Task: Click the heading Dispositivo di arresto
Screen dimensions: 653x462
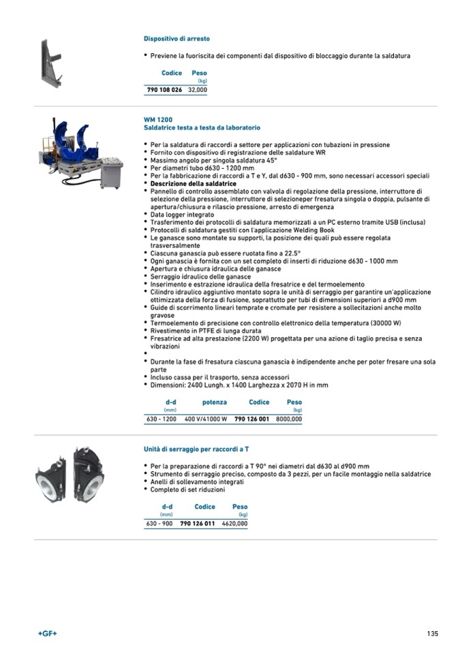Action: pyautogui.click(x=176, y=39)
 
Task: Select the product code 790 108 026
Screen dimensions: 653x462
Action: pyautogui.click(x=164, y=89)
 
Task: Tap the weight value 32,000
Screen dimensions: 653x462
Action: pyautogui.click(x=198, y=89)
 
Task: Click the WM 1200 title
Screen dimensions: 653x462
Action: pyautogui.click(x=155, y=120)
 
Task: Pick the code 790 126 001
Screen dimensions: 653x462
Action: pyautogui.click(x=251, y=419)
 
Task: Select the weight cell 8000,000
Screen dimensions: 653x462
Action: pyautogui.click(x=288, y=419)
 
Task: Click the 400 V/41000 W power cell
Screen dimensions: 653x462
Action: pyautogui.click(x=206, y=419)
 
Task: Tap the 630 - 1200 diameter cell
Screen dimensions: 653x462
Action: pyautogui.click(x=161, y=419)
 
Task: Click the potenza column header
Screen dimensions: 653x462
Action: pyautogui.click(x=215, y=402)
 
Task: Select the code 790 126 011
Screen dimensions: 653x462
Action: pyautogui.click(x=198, y=524)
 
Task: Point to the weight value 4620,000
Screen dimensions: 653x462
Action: pyautogui.click(x=234, y=524)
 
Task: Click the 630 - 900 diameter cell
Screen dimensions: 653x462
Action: pyautogui.click(x=159, y=524)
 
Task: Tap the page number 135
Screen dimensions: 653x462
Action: pyautogui.click(x=433, y=633)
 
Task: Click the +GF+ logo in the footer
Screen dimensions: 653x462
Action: pyautogui.click(x=48, y=633)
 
